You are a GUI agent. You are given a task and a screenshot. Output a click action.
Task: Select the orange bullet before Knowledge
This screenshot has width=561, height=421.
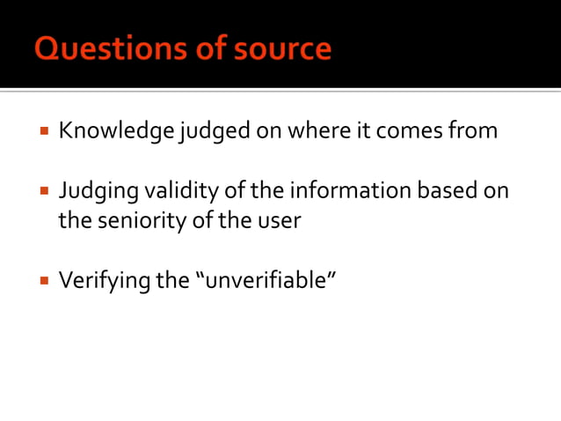[42, 132]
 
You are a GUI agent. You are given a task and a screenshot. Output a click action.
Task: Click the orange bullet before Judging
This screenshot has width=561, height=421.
[42, 191]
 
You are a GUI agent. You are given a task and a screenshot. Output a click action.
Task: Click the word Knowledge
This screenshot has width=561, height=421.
[116, 131]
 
